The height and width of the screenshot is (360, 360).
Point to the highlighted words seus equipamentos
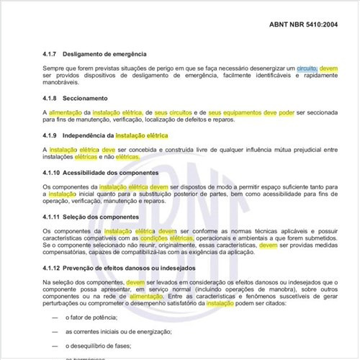[235, 113]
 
